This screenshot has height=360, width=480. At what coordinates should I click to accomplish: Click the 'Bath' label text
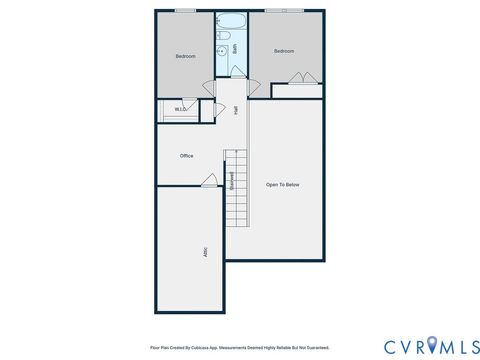[234, 47]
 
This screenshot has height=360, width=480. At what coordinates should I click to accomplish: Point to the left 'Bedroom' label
[185, 56]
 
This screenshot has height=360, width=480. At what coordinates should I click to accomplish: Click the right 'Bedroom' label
[285, 50]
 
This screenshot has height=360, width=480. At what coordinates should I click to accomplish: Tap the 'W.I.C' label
[181, 109]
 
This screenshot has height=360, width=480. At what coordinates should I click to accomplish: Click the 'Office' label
[186, 156]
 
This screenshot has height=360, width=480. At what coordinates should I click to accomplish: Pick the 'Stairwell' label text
[232, 181]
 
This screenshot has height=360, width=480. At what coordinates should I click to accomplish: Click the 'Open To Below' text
[282, 184]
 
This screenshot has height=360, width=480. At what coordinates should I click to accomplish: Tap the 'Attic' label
[205, 252]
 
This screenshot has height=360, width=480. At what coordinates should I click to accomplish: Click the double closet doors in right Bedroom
[299, 80]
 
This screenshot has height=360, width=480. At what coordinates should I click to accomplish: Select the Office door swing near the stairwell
[210, 181]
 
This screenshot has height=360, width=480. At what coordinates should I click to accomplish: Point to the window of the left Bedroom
[185, 10]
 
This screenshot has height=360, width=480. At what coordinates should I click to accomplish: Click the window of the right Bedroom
[283, 10]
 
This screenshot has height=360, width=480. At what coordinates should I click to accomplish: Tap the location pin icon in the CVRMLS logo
[431, 344]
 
